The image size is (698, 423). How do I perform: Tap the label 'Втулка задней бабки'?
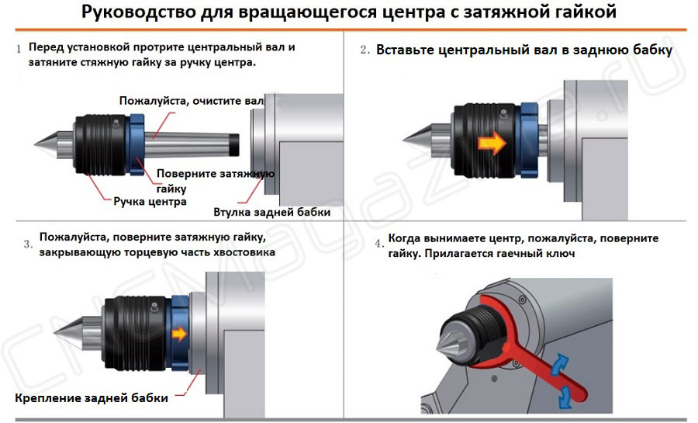(x=271, y=212)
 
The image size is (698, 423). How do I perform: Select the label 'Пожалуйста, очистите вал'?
(x=192, y=101)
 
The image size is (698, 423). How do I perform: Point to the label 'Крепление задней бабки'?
(x=91, y=398)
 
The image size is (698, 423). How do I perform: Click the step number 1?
(x=18, y=49)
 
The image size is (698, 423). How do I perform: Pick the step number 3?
(x=27, y=244)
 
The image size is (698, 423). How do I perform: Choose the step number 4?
(x=378, y=244)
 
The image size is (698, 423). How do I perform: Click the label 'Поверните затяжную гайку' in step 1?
(x=215, y=180)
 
